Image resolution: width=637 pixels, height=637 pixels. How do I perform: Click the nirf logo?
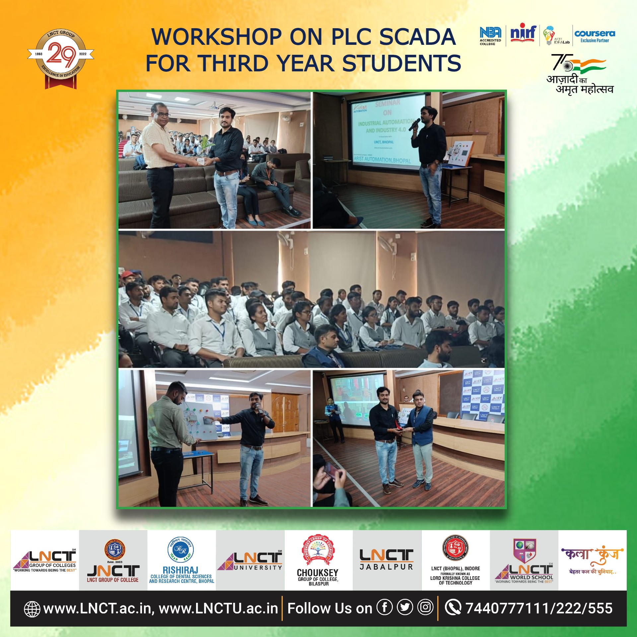click(x=523, y=34)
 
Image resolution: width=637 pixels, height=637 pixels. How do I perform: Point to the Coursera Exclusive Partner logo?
click(x=595, y=36)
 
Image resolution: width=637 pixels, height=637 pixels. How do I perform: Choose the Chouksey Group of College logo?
click(x=318, y=561)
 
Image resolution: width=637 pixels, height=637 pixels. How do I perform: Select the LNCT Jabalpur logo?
click(x=387, y=560)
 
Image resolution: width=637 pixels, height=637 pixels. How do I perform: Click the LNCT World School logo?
click(x=524, y=561)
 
